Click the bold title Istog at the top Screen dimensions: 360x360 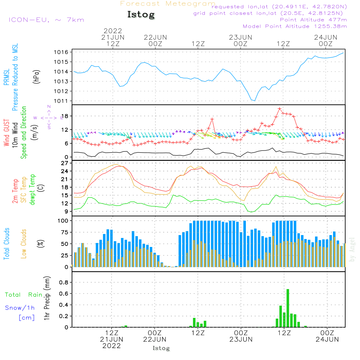coord(141,15)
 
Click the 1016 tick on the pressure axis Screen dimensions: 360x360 coord(61,52)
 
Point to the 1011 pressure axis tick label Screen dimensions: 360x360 coord(61,101)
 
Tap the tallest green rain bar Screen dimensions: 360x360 coord(288,308)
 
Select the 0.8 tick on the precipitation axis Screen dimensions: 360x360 coord(64,282)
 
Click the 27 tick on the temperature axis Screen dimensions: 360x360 coord(65,163)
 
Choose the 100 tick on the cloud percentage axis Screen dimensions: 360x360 coord(63,220)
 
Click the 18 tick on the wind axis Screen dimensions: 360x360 coord(65,116)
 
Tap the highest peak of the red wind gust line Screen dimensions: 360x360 coord(279,108)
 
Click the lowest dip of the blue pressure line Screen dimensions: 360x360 coord(255,101)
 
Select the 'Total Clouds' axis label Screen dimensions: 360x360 coord(6,244)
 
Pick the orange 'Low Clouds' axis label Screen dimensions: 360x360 coord(24,244)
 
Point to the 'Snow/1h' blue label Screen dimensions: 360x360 coord(20,308)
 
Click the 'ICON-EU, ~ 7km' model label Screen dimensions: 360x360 coord(46,20)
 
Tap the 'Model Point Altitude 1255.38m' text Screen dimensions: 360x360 coord(294,26)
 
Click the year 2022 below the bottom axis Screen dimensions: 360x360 coord(112,346)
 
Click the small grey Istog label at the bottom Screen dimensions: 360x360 coord(161,348)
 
